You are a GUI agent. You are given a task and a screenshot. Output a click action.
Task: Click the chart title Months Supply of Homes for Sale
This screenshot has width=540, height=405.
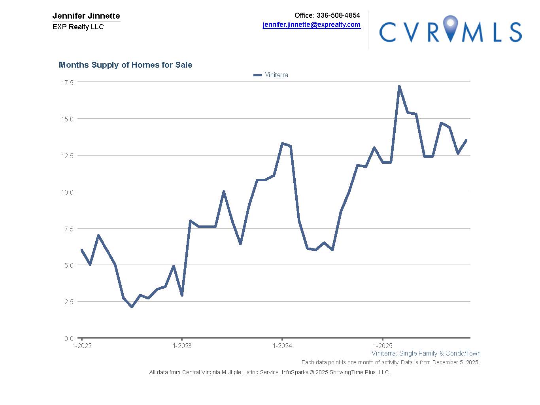125,65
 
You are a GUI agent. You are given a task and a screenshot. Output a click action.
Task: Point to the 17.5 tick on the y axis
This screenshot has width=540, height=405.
67,82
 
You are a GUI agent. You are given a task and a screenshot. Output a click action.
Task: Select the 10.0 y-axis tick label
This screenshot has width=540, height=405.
67,192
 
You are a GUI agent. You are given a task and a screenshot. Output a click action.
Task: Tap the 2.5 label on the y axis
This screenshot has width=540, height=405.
69,302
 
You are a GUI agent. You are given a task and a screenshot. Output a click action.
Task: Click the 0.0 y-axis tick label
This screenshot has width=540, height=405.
69,339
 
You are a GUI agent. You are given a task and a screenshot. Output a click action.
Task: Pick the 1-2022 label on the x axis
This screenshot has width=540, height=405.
82,346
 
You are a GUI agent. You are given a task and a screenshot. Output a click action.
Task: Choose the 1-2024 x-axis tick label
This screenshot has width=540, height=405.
282,346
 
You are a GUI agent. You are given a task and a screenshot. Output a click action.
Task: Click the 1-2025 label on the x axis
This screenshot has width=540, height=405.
383,346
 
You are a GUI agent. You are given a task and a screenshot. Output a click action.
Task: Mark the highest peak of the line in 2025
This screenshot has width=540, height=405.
399,86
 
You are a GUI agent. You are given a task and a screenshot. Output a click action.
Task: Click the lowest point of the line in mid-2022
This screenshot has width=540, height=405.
132,307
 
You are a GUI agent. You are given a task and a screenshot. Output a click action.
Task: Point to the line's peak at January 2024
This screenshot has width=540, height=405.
282,143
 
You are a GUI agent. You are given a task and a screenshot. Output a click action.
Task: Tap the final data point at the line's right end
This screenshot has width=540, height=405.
466,140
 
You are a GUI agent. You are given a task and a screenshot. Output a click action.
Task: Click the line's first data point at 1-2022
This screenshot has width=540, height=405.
82,250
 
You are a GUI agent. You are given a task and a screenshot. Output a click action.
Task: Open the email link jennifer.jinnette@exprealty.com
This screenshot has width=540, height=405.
312,25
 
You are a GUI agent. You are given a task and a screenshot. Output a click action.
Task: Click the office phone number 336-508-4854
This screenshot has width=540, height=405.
338,15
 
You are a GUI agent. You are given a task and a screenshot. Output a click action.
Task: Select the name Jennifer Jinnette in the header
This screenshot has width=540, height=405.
86,16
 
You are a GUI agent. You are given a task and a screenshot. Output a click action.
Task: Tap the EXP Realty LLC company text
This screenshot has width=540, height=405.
78,27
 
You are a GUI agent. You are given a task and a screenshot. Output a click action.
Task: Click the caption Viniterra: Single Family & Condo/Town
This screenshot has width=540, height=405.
426,354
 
